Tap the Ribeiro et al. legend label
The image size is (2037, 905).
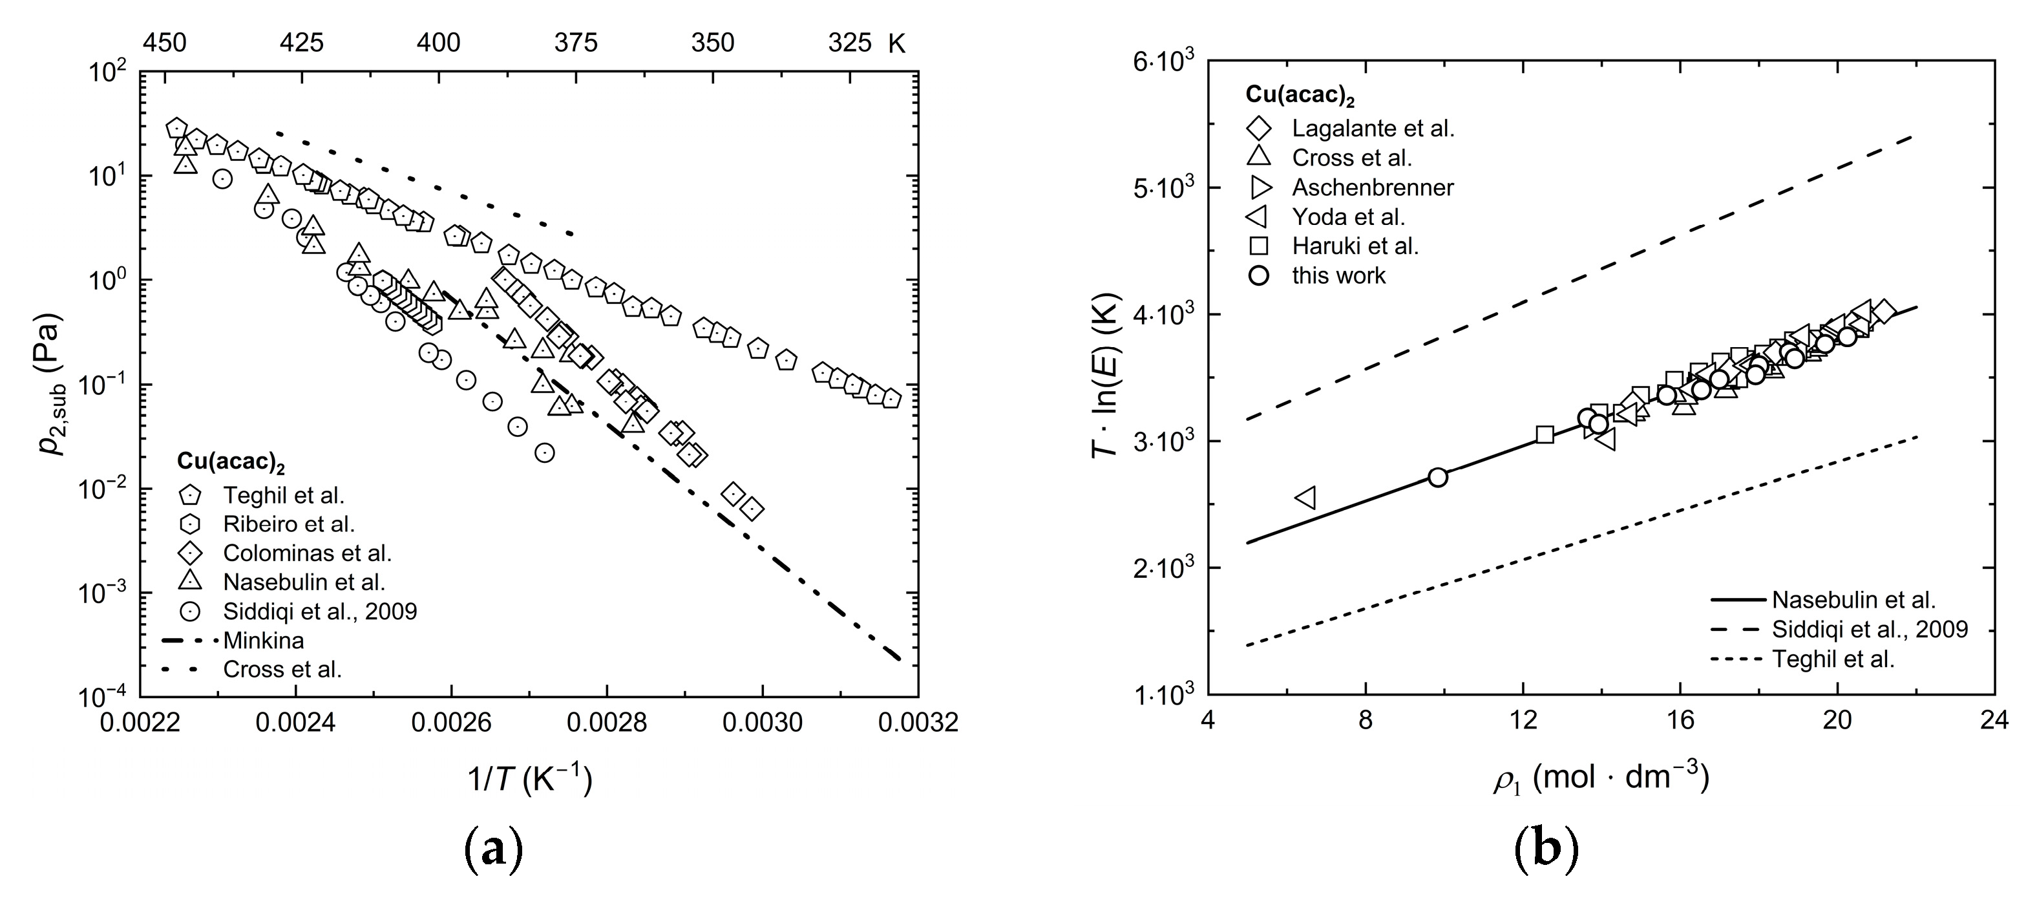[289, 524]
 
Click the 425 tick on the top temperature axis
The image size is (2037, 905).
[301, 43]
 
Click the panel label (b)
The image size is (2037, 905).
[1545, 851]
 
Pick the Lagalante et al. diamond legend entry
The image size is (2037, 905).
[1373, 128]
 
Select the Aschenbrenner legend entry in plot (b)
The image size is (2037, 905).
[1373, 187]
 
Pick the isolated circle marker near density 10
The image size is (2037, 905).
[1438, 477]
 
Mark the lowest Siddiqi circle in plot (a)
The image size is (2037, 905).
[544, 453]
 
